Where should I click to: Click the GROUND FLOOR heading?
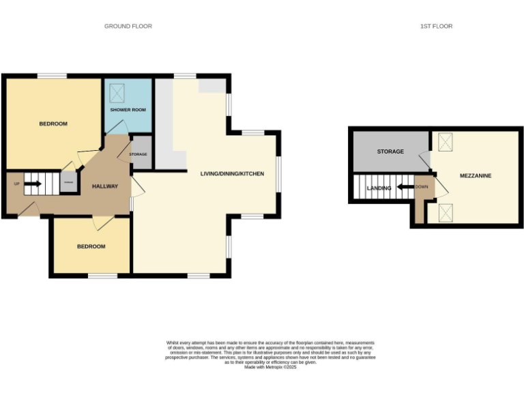pos(128,26)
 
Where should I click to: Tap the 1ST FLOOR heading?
pos(436,26)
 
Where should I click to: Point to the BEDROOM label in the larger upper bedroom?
pos(53,123)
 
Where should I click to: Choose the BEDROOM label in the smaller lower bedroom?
pos(91,246)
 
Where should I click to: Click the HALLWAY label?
pos(105,186)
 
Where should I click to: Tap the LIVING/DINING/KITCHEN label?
pos(231,173)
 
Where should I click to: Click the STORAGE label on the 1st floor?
pos(390,151)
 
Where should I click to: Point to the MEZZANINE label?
pos(476,175)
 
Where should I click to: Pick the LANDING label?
pos(379,188)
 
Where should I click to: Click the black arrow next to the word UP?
pos(32,183)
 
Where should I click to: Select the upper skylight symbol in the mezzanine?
pos(446,141)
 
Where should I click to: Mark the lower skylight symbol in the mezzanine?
pos(446,212)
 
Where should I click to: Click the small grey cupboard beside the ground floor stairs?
pos(68,183)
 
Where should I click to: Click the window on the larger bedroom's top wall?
pos(51,76)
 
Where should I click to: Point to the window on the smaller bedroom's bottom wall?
pos(102,276)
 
